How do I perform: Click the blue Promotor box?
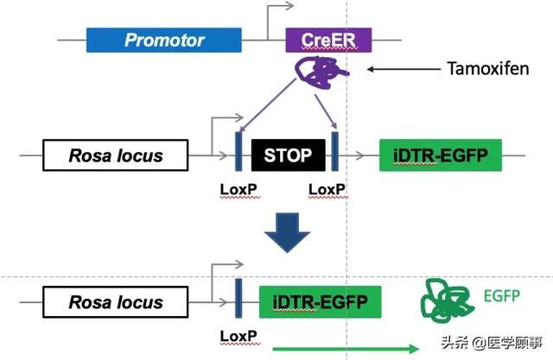click(x=164, y=40)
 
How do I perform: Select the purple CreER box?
click(x=329, y=40)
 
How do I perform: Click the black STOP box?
click(x=288, y=156)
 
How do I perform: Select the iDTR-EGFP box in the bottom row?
click(x=321, y=301)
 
